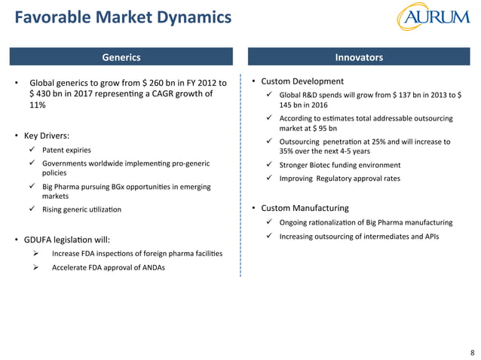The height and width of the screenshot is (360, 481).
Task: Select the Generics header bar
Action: pyautogui.click(x=121, y=57)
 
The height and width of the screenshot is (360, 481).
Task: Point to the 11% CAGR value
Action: pyautogui.click(x=37, y=106)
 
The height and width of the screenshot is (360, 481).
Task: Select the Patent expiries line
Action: pyautogui.click(x=72, y=150)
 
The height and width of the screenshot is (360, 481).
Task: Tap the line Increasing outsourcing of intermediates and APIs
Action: pyautogui.click(x=359, y=236)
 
